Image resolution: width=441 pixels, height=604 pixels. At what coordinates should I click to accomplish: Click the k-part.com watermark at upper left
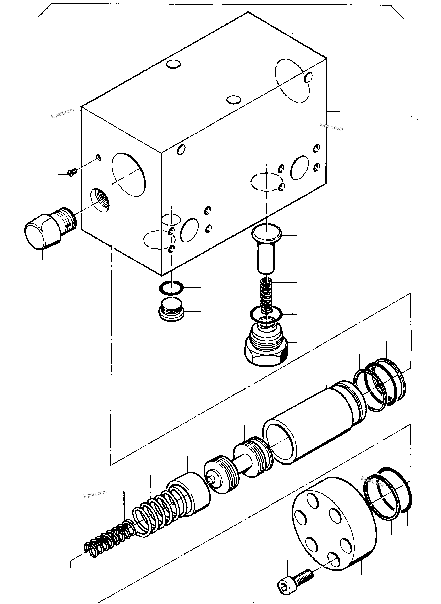[62, 113]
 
